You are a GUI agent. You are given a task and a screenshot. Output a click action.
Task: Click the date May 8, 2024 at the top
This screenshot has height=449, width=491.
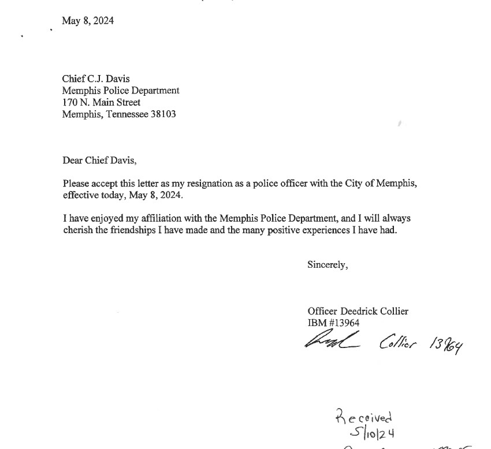tap(88, 21)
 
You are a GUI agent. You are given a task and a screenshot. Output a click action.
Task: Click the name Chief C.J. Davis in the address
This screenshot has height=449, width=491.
tap(96, 79)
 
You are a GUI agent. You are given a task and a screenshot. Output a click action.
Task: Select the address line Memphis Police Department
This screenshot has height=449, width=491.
tap(121, 91)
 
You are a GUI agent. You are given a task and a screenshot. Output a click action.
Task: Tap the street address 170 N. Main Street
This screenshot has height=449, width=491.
tap(101, 102)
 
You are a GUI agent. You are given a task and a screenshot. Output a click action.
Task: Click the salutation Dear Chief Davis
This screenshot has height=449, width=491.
tap(99, 160)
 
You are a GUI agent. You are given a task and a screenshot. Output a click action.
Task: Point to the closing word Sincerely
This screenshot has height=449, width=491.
tap(328, 265)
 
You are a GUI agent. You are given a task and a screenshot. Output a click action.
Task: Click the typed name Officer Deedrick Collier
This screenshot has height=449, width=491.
tap(358, 311)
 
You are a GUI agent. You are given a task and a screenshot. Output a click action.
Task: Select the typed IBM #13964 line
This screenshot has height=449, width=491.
tap(333, 323)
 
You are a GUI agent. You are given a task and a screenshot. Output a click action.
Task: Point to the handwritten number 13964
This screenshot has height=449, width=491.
tap(446, 345)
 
